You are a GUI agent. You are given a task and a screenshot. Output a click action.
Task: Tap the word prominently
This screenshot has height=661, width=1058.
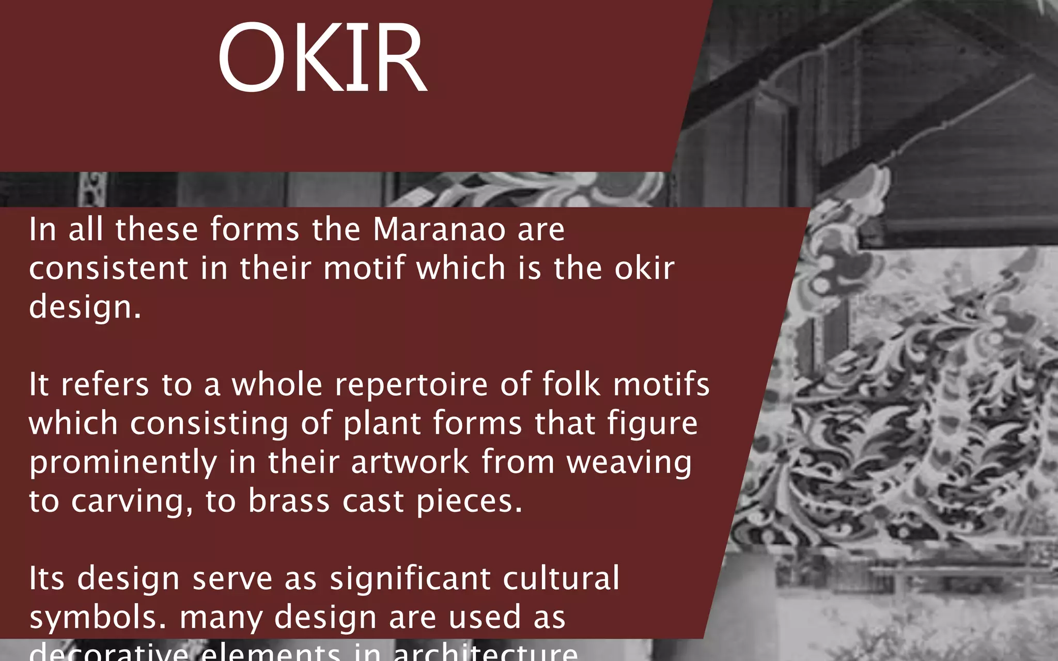(123, 463)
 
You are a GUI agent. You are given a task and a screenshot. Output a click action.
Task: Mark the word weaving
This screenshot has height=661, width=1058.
(629, 463)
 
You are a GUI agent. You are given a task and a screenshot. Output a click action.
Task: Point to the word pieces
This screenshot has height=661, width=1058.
(469, 501)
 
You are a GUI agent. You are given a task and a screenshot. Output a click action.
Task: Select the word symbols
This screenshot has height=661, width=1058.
(97, 617)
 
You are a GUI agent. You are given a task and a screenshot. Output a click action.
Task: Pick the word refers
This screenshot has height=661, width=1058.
(105, 385)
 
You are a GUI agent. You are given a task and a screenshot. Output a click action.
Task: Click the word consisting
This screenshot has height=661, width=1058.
(209, 423)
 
